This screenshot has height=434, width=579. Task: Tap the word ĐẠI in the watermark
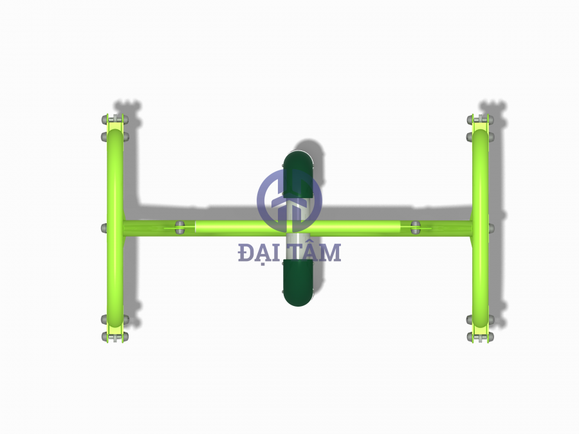[x=257, y=253]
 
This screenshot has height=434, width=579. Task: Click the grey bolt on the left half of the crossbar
[x=180, y=228]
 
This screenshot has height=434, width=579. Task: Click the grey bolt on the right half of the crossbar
[x=416, y=228]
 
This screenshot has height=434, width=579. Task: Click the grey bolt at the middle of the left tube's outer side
[x=104, y=228]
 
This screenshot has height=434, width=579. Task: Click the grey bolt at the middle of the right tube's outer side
[x=492, y=228]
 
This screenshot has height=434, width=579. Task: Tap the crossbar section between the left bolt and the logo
[x=225, y=228]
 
